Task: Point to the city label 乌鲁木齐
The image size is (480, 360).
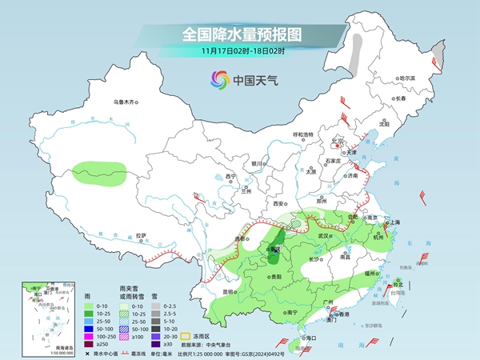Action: [126, 102]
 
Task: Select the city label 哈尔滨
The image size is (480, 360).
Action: [407, 78]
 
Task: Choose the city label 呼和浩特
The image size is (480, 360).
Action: [305, 135]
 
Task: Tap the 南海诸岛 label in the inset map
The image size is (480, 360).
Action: [36, 347]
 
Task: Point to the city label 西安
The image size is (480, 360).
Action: [279, 204]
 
